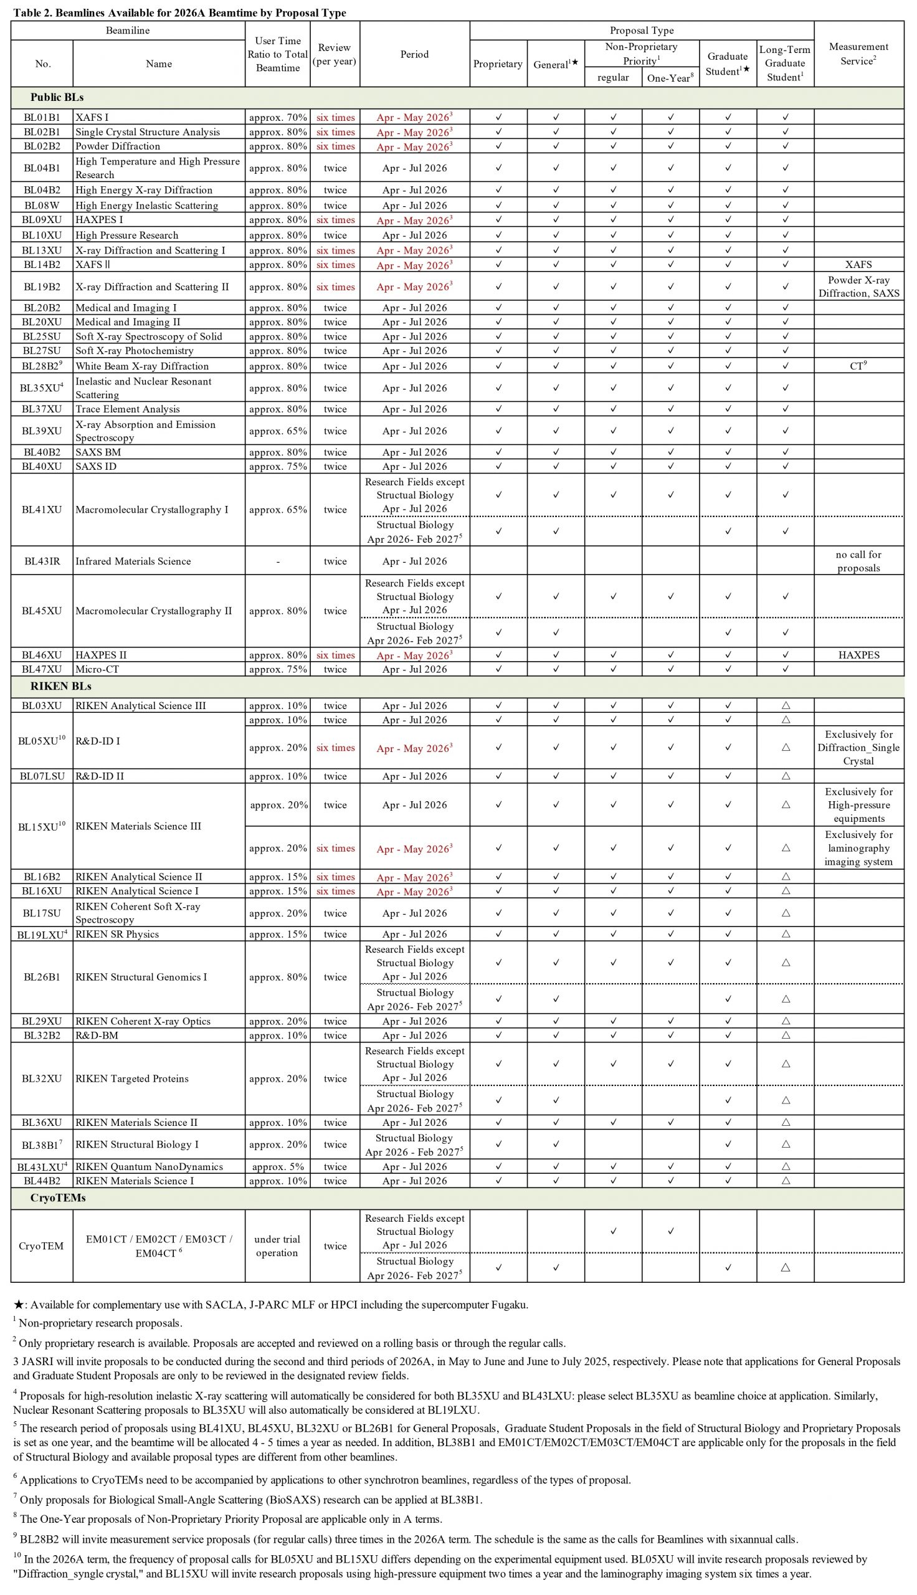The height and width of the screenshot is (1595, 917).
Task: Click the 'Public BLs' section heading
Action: pyautogui.click(x=57, y=98)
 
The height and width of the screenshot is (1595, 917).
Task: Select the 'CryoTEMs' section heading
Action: pyautogui.click(x=58, y=1197)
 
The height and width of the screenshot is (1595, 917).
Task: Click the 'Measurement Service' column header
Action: pyautogui.click(x=858, y=54)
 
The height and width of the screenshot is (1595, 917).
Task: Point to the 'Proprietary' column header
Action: pyautogui.click(x=498, y=64)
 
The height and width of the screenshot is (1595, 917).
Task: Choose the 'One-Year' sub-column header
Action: pyautogui.click(x=670, y=78)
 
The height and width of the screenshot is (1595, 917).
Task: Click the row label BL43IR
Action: pyautogui.click(x=42, y=561)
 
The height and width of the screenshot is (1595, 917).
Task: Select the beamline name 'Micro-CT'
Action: pyautogui.click(x=97, y=669)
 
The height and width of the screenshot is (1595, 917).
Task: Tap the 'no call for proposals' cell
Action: pyautogui.click(x=858, y=561)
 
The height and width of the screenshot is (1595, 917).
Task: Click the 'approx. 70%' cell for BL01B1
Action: pyautogui.click(x=278, y=118)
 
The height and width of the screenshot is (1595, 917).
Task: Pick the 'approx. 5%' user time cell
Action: pyautogui.click(x=278, y=1167)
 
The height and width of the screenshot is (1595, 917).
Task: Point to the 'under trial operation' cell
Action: pyautogui.click(x=277, y=1246)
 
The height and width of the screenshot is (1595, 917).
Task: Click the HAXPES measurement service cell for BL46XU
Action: pyautogui.click(x=858, y=655)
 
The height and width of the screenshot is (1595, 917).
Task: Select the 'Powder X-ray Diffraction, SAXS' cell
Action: pyautogui.click(x=858, y=287)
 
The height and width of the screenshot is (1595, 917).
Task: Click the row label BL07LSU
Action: pyautogui.click(x=42, y=776)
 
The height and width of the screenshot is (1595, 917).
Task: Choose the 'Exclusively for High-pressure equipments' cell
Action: pyautogui.click(x=858, y=805)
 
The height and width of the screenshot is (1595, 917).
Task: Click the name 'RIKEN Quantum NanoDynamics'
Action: pyautogui.click(x=149, y=1167)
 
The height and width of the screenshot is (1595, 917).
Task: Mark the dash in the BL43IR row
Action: pyautogui.click(x=278, y=561)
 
